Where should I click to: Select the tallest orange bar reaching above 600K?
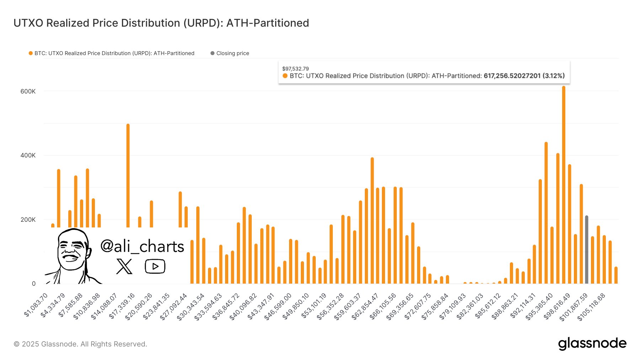click(564, 185)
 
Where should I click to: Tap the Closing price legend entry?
click(232, 53)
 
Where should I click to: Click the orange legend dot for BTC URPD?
click(31, 53)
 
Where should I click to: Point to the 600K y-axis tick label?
click(28, 91)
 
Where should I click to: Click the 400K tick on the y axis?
click(28, 155)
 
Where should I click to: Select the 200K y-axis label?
click(28, 220)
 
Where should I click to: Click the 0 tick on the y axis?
click(34, 284)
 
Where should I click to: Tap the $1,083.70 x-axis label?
click(36, 305)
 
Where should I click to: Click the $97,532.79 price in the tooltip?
click(295, 69)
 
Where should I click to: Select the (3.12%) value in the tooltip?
click(554, 76)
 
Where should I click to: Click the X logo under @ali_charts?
click(124, 266)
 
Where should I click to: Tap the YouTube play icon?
click(155, 266)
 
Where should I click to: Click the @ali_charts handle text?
click(142, 246)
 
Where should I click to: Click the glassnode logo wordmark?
click(592, 343)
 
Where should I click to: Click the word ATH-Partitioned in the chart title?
click(267, 23)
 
